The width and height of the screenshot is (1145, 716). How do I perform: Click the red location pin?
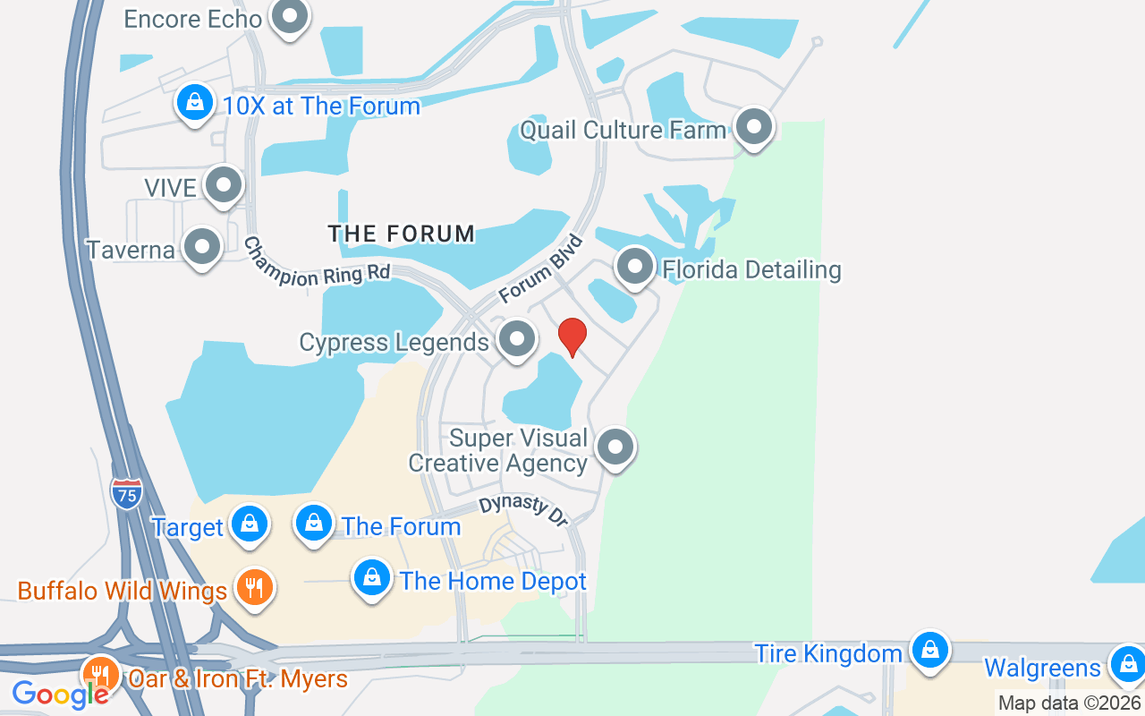572,337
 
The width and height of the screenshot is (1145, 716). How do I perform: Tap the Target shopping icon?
250,524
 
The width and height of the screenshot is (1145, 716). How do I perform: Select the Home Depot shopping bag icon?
372,578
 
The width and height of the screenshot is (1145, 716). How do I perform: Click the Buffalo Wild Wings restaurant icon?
255,588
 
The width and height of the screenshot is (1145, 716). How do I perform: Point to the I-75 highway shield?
127,493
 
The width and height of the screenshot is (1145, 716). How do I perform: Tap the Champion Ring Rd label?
318,264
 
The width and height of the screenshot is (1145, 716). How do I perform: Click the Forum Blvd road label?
541,269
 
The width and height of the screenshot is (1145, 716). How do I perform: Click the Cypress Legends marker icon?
516,339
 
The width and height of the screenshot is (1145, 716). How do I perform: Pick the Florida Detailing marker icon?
635,267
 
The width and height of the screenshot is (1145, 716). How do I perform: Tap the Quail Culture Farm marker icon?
754,127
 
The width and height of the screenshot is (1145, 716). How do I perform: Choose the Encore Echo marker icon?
289,16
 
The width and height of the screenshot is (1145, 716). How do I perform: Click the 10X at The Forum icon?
195,103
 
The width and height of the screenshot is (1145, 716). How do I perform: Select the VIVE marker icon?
223,185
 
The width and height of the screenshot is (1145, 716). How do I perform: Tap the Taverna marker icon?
201,247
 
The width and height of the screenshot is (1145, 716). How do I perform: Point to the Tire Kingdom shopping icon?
930,650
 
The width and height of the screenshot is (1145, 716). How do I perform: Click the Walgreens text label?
1042,668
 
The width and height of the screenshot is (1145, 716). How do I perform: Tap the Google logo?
60,694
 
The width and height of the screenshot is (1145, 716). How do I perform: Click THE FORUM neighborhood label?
402,234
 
